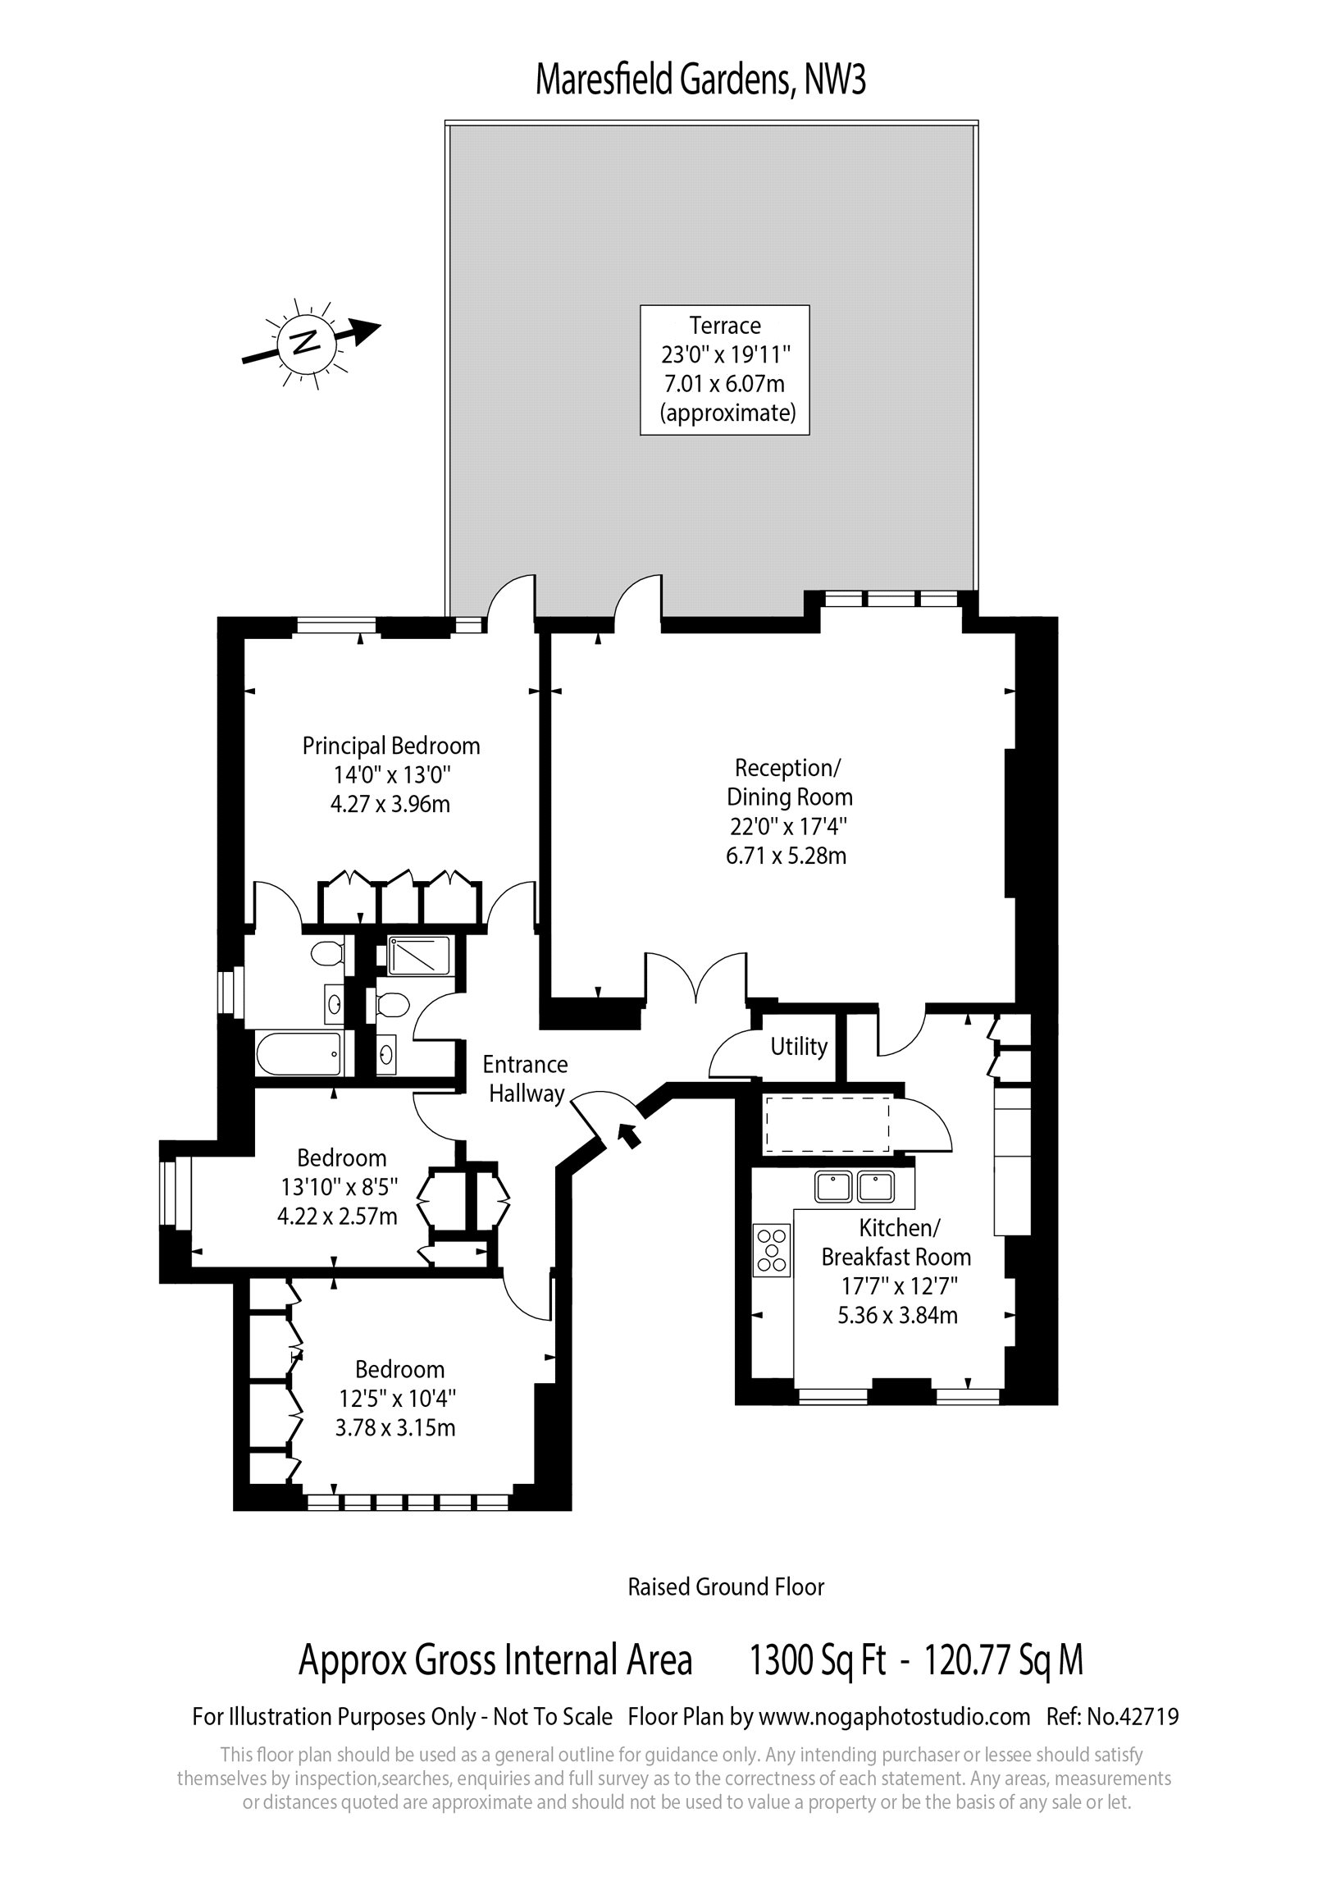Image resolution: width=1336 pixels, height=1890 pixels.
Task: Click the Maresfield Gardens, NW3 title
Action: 700,80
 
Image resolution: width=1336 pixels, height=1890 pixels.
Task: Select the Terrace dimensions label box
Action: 724,370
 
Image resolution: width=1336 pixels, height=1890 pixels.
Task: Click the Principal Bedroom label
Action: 391,774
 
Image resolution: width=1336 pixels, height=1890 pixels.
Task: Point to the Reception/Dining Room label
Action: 788,811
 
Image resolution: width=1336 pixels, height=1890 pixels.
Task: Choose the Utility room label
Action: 799,1047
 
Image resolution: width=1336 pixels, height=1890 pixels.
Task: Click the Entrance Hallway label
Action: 525,1079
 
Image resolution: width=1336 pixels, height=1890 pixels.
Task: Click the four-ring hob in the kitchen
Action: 772,1249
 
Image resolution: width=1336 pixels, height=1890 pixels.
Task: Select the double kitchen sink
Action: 855,1186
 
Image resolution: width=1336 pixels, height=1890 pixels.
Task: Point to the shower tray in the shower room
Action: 419,955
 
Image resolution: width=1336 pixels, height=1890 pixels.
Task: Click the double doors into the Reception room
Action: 696,979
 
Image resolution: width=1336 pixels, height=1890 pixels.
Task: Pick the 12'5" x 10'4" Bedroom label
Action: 399,1398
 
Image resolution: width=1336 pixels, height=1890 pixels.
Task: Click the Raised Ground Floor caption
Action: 725,1587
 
